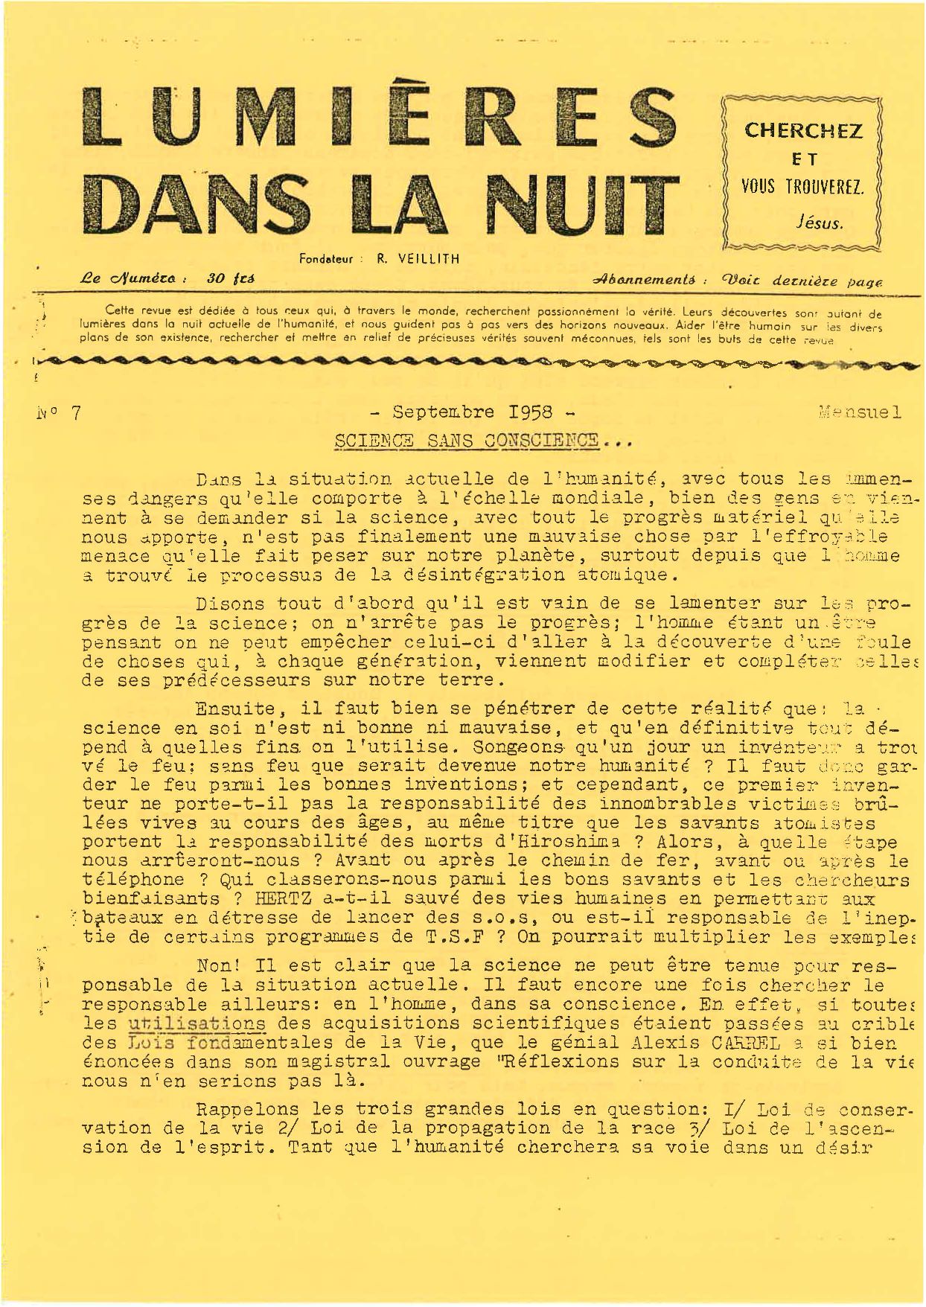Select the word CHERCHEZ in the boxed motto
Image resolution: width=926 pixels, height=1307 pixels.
tap(803, 131)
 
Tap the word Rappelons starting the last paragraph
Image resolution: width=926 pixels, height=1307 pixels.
tap(241, 1109)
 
